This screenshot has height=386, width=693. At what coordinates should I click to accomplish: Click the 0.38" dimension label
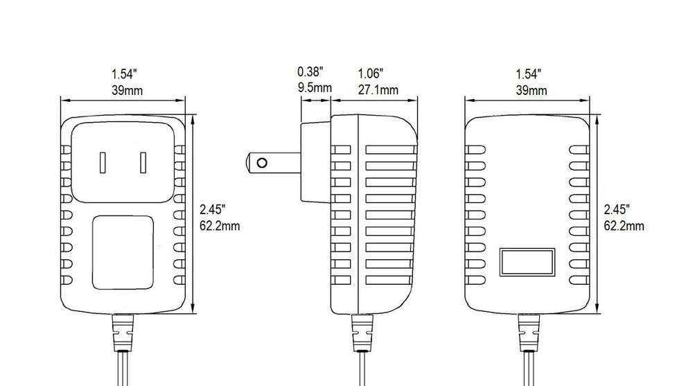310,72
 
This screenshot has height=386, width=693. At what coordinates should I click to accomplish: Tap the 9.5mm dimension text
315,88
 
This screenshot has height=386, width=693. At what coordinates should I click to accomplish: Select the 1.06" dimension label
371,73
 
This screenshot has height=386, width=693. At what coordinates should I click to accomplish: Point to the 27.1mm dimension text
378,89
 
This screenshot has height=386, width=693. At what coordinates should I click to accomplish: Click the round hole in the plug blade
262,163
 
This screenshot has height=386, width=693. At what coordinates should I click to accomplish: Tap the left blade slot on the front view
103,163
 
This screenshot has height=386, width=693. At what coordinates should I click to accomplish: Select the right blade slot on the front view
143,163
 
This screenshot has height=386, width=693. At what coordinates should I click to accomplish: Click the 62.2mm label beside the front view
219,227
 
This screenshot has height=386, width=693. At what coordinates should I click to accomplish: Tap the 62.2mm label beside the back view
624,226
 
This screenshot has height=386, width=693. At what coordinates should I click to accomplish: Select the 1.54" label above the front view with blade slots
124,73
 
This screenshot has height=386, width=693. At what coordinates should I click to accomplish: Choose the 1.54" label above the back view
529,73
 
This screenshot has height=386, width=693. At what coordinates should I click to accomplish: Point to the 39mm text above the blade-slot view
125,90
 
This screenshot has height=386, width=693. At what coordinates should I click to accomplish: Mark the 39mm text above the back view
531,90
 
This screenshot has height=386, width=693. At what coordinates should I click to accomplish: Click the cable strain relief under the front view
123,333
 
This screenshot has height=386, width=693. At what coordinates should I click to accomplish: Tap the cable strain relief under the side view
362,333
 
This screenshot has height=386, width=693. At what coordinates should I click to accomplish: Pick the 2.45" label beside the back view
617,210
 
